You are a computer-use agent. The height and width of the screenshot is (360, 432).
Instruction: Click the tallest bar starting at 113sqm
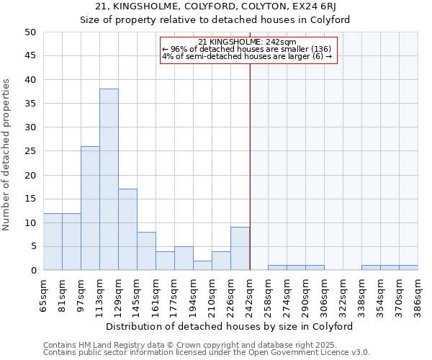pos(109,179)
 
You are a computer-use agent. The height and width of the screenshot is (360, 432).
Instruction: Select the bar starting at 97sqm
pos(90,208)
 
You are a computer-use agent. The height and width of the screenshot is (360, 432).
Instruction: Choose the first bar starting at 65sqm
pos(53,241)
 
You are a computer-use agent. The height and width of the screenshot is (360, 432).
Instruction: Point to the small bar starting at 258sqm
pos(277,268)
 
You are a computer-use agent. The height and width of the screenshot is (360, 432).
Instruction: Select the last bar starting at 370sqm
pos(408,268)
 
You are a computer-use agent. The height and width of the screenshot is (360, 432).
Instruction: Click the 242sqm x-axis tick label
pos(249,295)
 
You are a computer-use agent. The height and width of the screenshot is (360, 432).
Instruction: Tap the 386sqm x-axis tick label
pos(418,295)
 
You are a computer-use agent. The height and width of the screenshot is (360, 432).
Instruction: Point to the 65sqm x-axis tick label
pos(43,295)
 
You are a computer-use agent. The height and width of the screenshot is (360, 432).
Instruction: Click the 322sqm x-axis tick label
pos(343,295)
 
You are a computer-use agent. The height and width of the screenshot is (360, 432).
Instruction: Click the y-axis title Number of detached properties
pos(7,155)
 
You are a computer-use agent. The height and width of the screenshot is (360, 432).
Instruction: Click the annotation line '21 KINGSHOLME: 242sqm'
pos(247,42)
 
